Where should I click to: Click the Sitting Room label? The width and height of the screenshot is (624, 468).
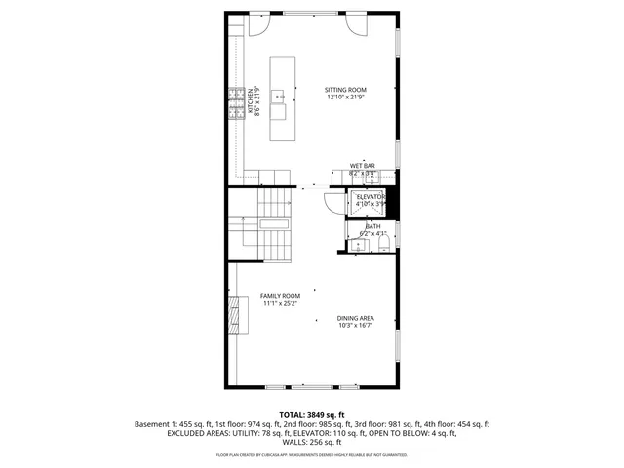pos(345,90)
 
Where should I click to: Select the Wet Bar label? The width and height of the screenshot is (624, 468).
pos(363,166)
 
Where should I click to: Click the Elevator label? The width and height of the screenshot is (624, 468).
pos(370,197)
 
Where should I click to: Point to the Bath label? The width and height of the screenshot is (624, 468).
pos(372,226)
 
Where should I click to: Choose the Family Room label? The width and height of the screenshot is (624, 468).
pos(280,296)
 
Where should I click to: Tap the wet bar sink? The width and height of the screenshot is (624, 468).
pos(370,177)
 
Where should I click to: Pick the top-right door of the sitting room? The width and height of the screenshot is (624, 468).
pos(355,24)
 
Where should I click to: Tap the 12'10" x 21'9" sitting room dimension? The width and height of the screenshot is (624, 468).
pos(345,97)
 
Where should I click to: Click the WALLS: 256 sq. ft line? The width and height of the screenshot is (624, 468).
pos(311,442)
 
